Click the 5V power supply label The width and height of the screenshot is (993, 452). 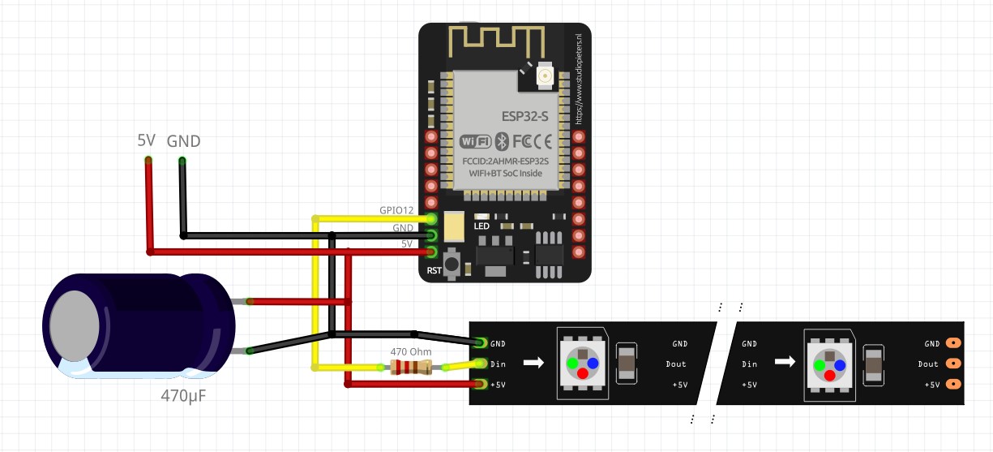click(146, 140)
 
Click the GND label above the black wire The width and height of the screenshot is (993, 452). click(183, 141)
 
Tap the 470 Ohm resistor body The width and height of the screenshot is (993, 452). click(411, 368)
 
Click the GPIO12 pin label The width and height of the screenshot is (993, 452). click(396, 210)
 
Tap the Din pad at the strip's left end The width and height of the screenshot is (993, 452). click(482, 364)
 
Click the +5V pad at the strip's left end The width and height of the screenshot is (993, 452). click(482, 384)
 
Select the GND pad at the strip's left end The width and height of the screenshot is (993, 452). click(482, 343)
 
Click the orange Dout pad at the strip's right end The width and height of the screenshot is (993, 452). click(954, 364)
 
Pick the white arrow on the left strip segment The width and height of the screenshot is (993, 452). click(533, 363)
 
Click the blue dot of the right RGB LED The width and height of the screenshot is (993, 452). click(841, 364)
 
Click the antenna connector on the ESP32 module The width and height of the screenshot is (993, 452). click(545, 77)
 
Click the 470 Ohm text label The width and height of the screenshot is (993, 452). click(411, 351)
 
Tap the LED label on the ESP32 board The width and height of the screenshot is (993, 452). click(482, 226)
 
